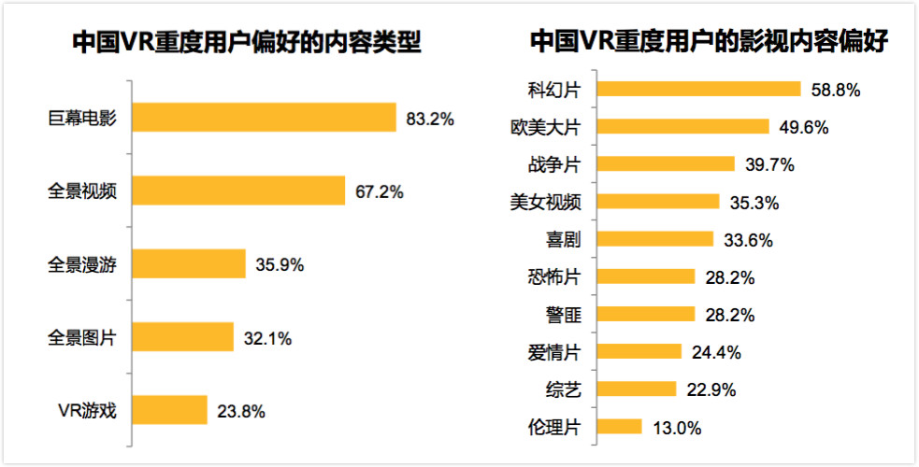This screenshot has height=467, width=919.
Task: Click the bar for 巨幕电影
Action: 265,118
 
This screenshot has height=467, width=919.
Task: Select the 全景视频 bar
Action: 239,191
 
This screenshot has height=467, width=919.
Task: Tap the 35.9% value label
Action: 280,264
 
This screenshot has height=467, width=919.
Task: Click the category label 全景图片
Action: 81,337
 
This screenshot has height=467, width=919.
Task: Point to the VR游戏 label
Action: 85,410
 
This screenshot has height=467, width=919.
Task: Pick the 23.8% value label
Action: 242,410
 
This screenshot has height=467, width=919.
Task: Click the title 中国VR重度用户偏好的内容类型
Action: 247,43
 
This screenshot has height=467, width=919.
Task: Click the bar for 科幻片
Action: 698,89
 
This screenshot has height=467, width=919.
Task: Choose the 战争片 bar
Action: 665,164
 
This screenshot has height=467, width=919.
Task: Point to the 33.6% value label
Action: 749,240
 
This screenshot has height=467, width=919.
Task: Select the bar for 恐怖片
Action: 645,276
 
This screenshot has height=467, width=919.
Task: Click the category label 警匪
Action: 564,315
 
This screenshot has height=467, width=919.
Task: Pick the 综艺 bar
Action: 636,389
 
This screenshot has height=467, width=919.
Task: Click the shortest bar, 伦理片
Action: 619,427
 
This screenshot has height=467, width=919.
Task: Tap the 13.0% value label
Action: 677,428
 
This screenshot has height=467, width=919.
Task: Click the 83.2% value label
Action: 430,119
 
